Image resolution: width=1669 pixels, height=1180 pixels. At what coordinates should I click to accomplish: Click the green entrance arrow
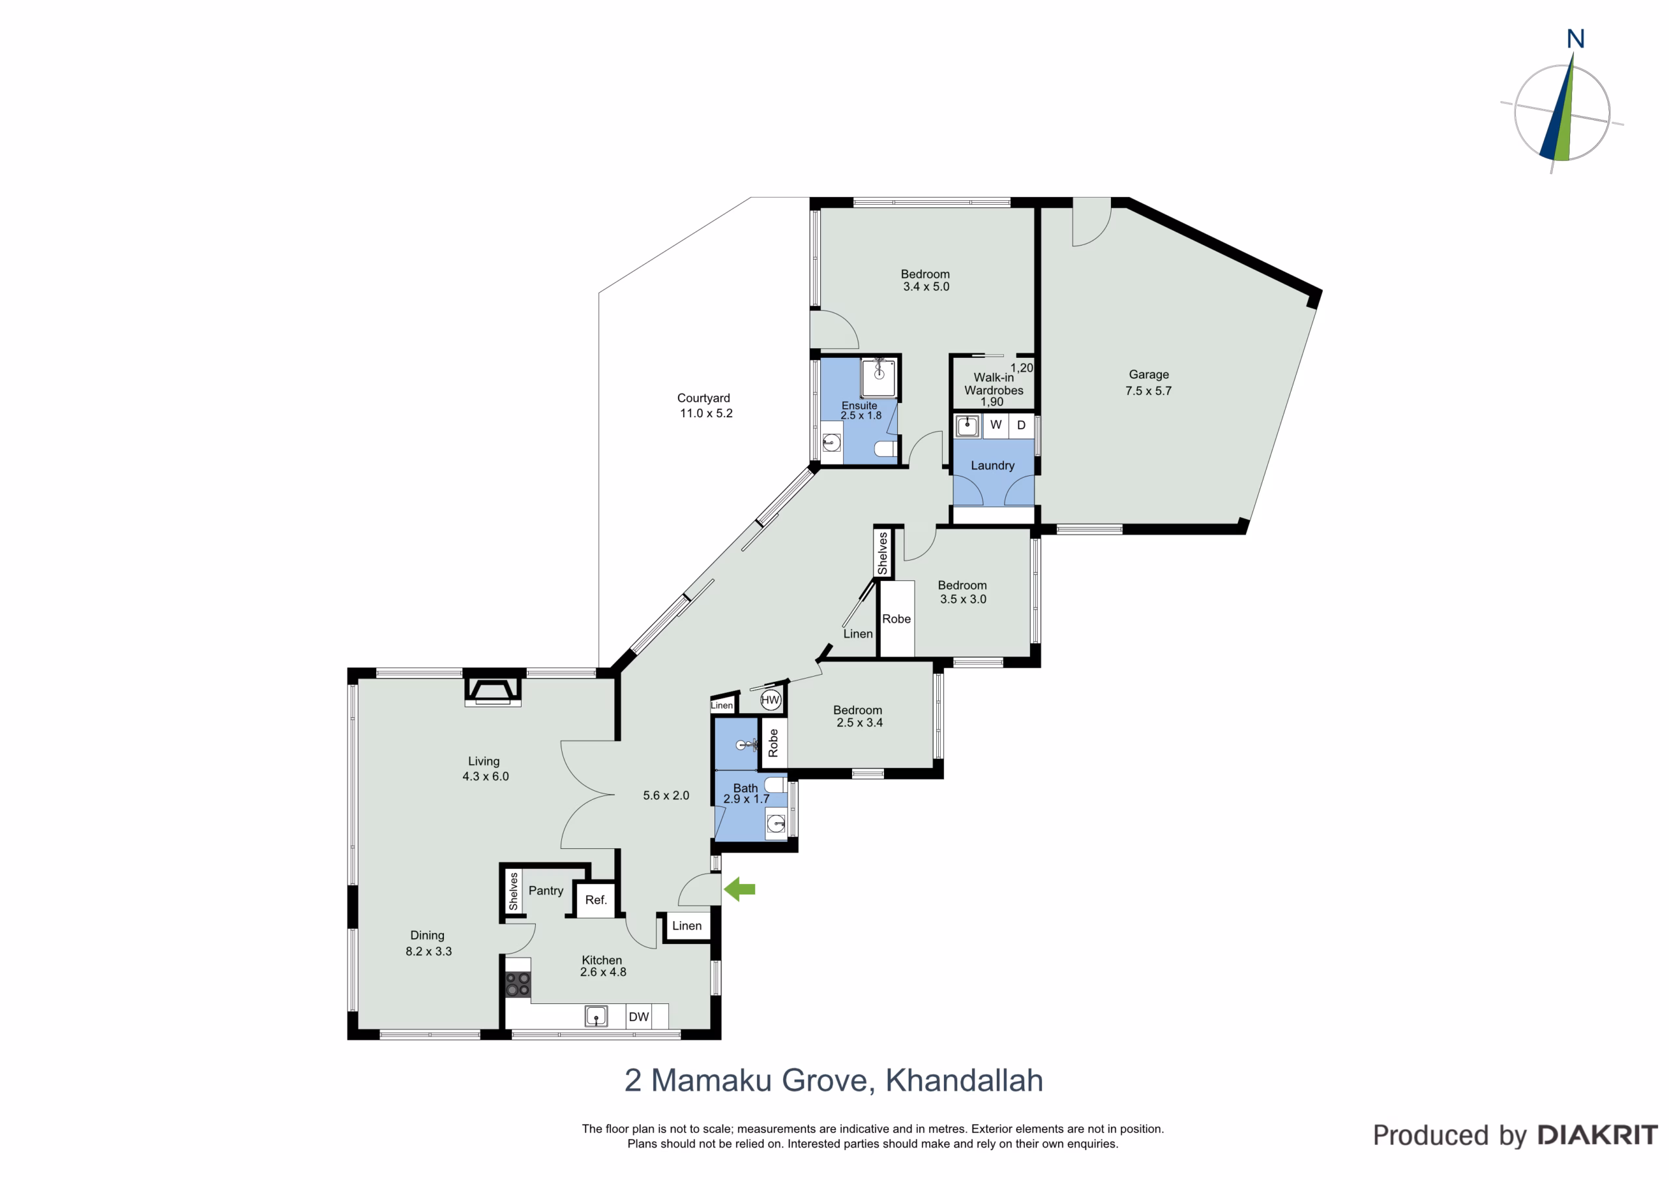coord(739,889)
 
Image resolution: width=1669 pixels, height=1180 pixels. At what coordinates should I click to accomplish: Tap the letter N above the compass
coord(1575,38)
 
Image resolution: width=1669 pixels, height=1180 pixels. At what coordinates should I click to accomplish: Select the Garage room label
coord(1149,374)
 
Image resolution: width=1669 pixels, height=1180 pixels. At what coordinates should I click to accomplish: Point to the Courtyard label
coord(703,398)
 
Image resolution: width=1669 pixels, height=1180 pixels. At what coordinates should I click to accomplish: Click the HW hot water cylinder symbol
coord(770,700)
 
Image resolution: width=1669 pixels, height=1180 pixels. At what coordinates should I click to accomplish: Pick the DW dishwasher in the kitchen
coord(639,1016)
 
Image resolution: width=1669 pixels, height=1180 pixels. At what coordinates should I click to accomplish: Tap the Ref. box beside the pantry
coord(596,900)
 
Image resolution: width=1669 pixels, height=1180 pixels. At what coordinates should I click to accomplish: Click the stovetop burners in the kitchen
coord(518,985)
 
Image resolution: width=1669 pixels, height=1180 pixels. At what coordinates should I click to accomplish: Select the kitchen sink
coord(596,1016)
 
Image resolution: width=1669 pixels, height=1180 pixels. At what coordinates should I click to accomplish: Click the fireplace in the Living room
coord(493,690)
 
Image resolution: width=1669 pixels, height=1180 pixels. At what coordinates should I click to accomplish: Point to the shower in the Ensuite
coord(879,377)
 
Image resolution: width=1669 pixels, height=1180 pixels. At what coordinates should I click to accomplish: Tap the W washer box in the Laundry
coord(996,425)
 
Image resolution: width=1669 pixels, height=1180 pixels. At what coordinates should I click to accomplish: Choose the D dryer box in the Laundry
coord(1022,425)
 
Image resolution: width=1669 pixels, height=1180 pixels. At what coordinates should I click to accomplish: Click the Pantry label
coord(546,891)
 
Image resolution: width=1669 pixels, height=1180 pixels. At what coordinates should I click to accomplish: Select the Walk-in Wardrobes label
coord(994,384)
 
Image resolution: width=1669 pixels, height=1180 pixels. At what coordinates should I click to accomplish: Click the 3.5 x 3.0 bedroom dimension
coord(963,599)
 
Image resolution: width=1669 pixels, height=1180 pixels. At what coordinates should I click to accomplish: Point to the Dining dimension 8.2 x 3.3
coord(429,951)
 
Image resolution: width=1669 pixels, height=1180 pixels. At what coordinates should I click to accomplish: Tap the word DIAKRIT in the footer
coord(1598,1135)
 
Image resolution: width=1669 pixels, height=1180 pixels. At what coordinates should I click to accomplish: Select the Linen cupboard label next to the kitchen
coord(687,926)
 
